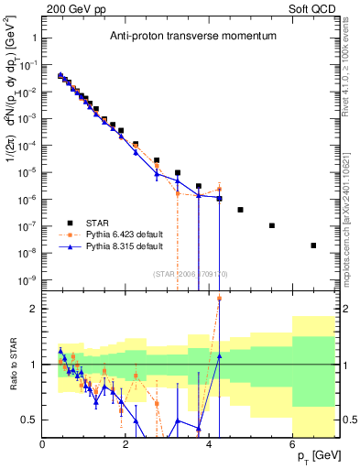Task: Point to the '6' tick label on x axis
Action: pyautogui.click(x=293, y=444)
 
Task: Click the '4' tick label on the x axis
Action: pyautogui.click(x=210, y=444)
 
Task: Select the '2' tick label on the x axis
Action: pyautogui.click(x=126, y=444)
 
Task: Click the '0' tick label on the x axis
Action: pyautogui.click(x=43, y=444)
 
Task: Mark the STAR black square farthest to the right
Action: pyautogui.click(x=313, y=245)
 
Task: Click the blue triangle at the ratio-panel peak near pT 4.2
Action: pyautogui.click(x=219, y=355)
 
